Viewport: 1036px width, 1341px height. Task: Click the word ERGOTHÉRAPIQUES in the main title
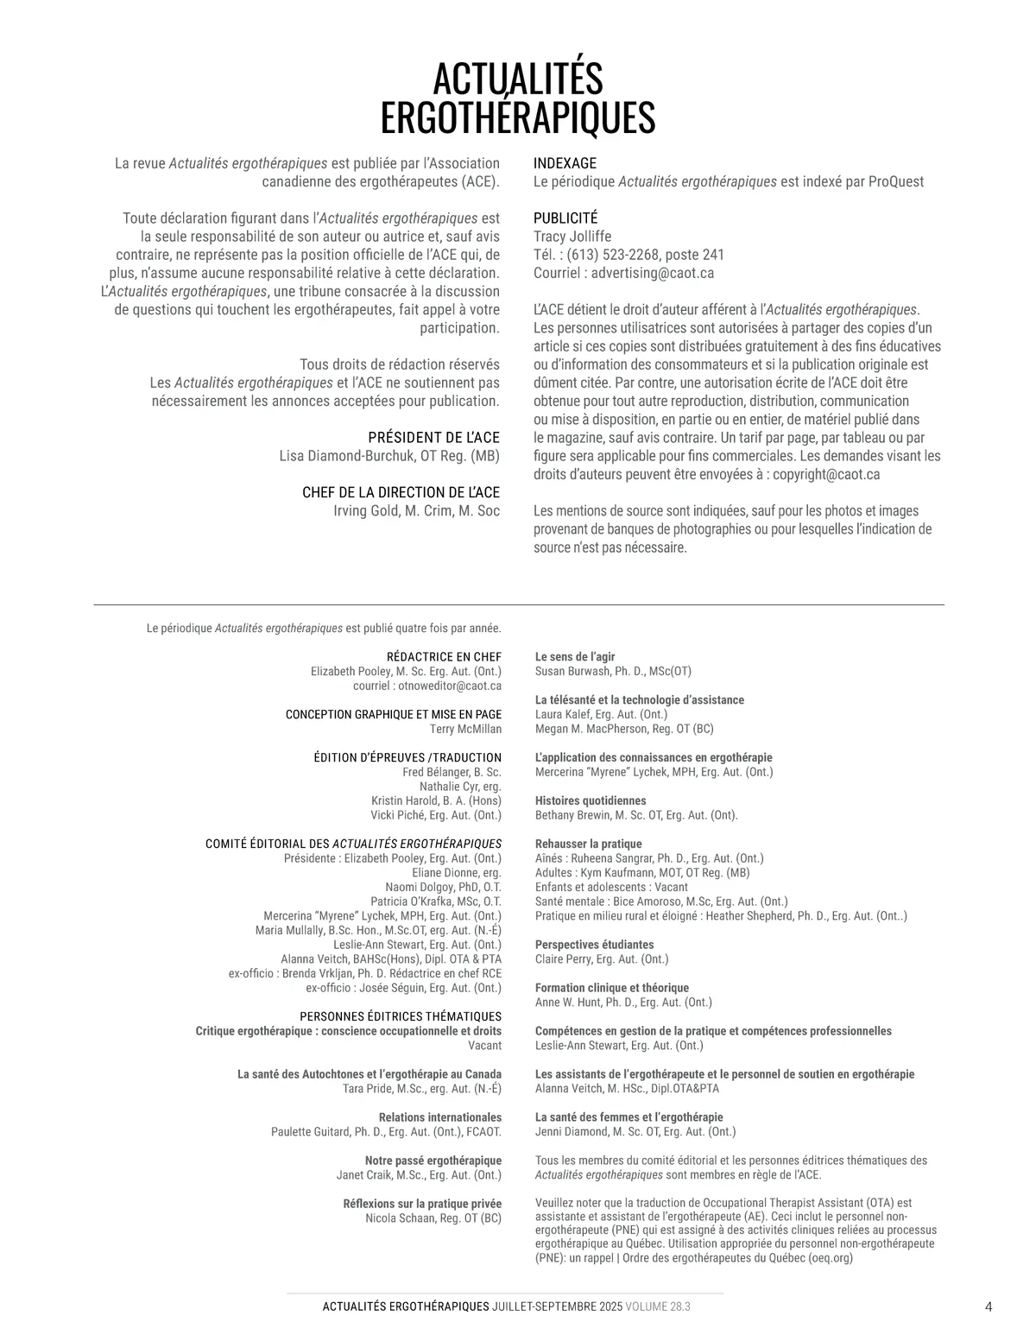[x=517, y=117]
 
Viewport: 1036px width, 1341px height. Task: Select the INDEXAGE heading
[x=565, y=163]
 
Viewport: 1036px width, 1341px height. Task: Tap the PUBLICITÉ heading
[x=565, y=218]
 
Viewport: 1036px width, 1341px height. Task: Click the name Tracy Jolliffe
[x=572, y=237]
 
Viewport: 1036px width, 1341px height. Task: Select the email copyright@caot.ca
[x=826, y=474]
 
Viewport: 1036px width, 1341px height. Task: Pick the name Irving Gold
[x=364, y=510]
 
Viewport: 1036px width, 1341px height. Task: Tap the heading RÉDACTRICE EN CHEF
[x=444, y=657]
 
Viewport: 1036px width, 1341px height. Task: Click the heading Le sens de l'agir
[x=575, y=657]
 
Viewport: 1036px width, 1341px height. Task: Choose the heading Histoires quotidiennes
[x=591, y=800]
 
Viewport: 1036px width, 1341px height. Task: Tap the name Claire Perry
[x=564, y=959]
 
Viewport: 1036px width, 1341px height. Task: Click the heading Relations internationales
[x=440, y=1117]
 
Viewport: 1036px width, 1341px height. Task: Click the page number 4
[x=989, y=1306]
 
